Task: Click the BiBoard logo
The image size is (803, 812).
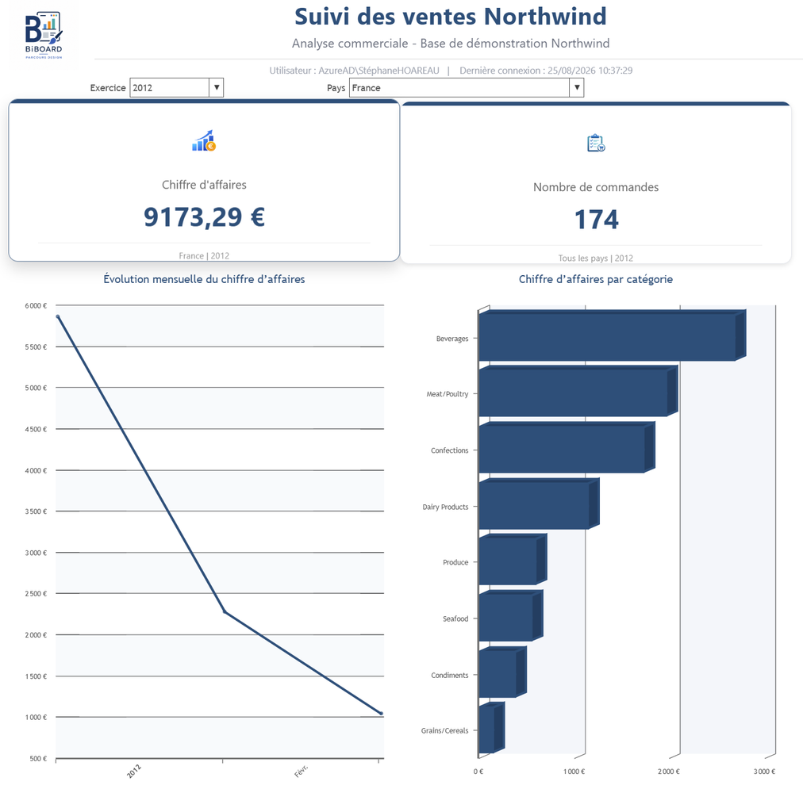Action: pyautogui.click(x=44, y=35)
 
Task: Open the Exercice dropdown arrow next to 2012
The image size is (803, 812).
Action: pyautogui.click(x=217, y=87)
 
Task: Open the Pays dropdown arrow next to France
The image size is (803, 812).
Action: pyautogui.click(x=577, y=87)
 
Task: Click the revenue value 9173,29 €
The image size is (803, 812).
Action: pyautogui.click(x=204, y=216)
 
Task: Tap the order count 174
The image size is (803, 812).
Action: pyautogui.click(x=596, y=219)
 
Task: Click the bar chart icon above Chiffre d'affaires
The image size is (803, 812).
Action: pyautogui.click(x=204, y=140)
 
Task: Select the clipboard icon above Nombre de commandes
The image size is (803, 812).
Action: pyautogui.click(x=596, y=143)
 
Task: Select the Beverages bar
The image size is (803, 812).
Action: pyautogui.click(x=612, y=335)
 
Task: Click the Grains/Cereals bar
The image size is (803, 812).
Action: pyautogui.click(x=491, y=728)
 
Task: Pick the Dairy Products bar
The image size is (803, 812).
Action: pyautogui.click(x=539, y=504)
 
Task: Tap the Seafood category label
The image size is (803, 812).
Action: pyautogui.click(x=455, y=619)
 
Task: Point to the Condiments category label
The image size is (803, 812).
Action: pyautogui.click(x=450, y=676)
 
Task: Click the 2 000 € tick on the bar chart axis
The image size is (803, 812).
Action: pyautogui.click(x=669, y=772)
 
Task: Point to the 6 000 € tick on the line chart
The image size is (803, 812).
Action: pyautogui.click(x=36, y=306)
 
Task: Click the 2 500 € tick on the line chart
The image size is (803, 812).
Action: pyautogui.click(x=36, y=594)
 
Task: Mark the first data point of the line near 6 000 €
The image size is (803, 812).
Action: pyautogui.click(x=57, y=317)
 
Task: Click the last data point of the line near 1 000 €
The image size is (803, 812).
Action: pyautogui.click(x=382, y=714)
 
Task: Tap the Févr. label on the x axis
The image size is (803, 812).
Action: pyautogui.click(x=301, y=771)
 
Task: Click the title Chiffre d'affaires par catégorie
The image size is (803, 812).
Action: pyautogui.click(x=596, y=279)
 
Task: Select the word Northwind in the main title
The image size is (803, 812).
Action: pyautogui.click(x=545, y=17)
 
